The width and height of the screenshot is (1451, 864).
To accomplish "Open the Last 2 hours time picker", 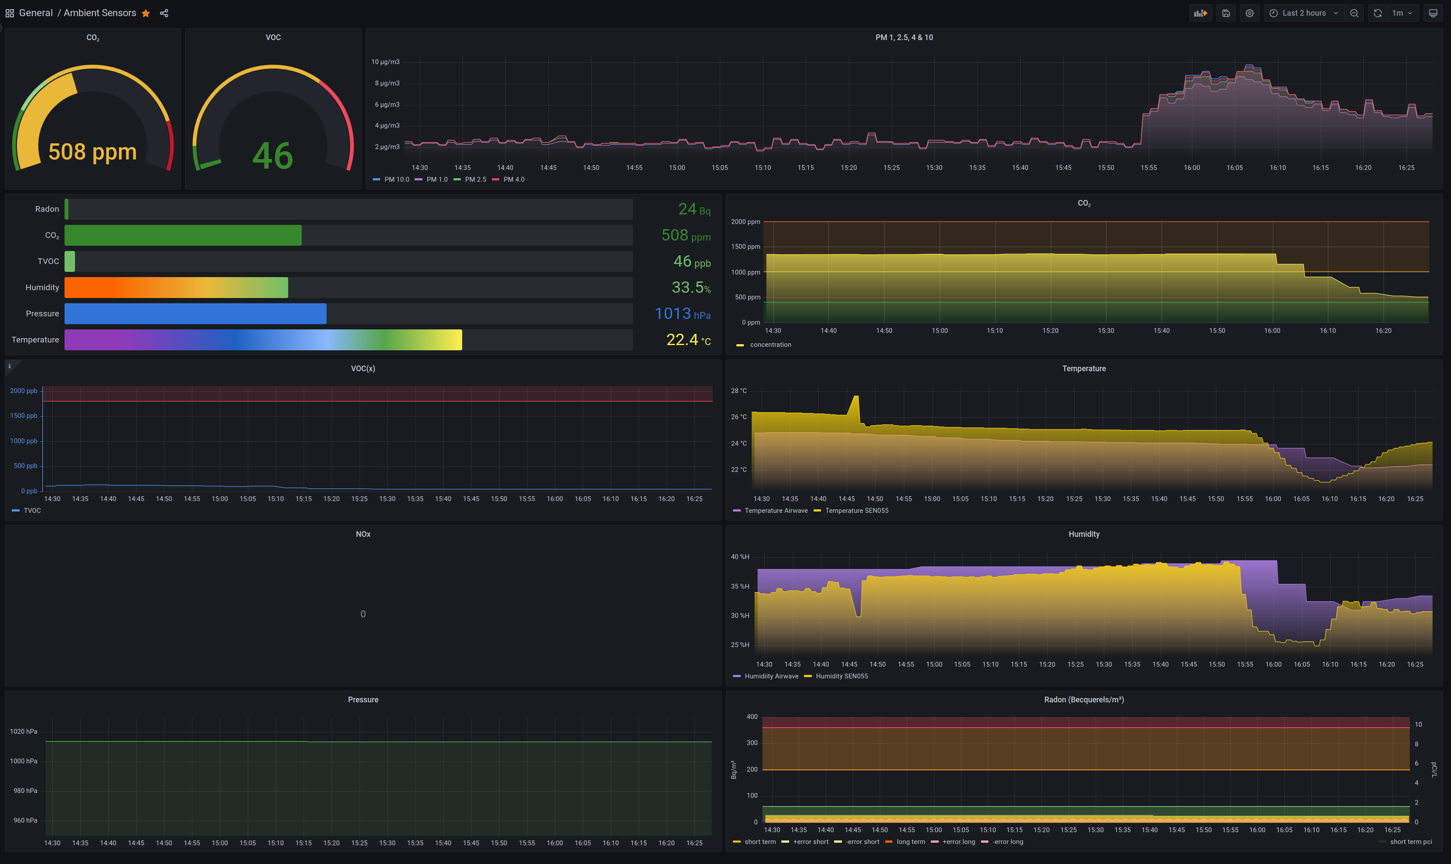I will click(x=1303, y=13).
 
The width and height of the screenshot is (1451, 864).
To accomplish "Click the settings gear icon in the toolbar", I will click(x=1250, y=13).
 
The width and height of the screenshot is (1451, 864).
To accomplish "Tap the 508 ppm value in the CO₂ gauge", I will click(x=92, y=152).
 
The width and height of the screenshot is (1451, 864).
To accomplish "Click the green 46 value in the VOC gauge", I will click(x=272, y=156).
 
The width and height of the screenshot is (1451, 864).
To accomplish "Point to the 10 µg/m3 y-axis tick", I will click(x=385, y=62).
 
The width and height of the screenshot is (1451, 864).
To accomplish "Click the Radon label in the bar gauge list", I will click(x=47, y=209).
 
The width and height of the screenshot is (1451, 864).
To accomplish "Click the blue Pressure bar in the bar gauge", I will click(x=195, y=314).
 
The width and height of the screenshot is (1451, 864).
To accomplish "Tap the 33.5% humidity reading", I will click(x=691, y=288).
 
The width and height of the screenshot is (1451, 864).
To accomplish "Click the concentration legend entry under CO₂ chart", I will click(x=770, y=345).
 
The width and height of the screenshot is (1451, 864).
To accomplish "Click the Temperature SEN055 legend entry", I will click(x=856, y=511).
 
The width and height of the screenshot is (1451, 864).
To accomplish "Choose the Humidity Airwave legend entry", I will click(x=771, y=676).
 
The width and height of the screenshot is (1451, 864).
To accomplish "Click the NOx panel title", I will click(x=363, y=534).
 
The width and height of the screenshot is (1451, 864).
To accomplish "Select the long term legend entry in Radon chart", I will click(x=910, y=842).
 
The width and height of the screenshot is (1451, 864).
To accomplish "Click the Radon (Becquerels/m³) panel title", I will click(x=1083, y=700).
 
